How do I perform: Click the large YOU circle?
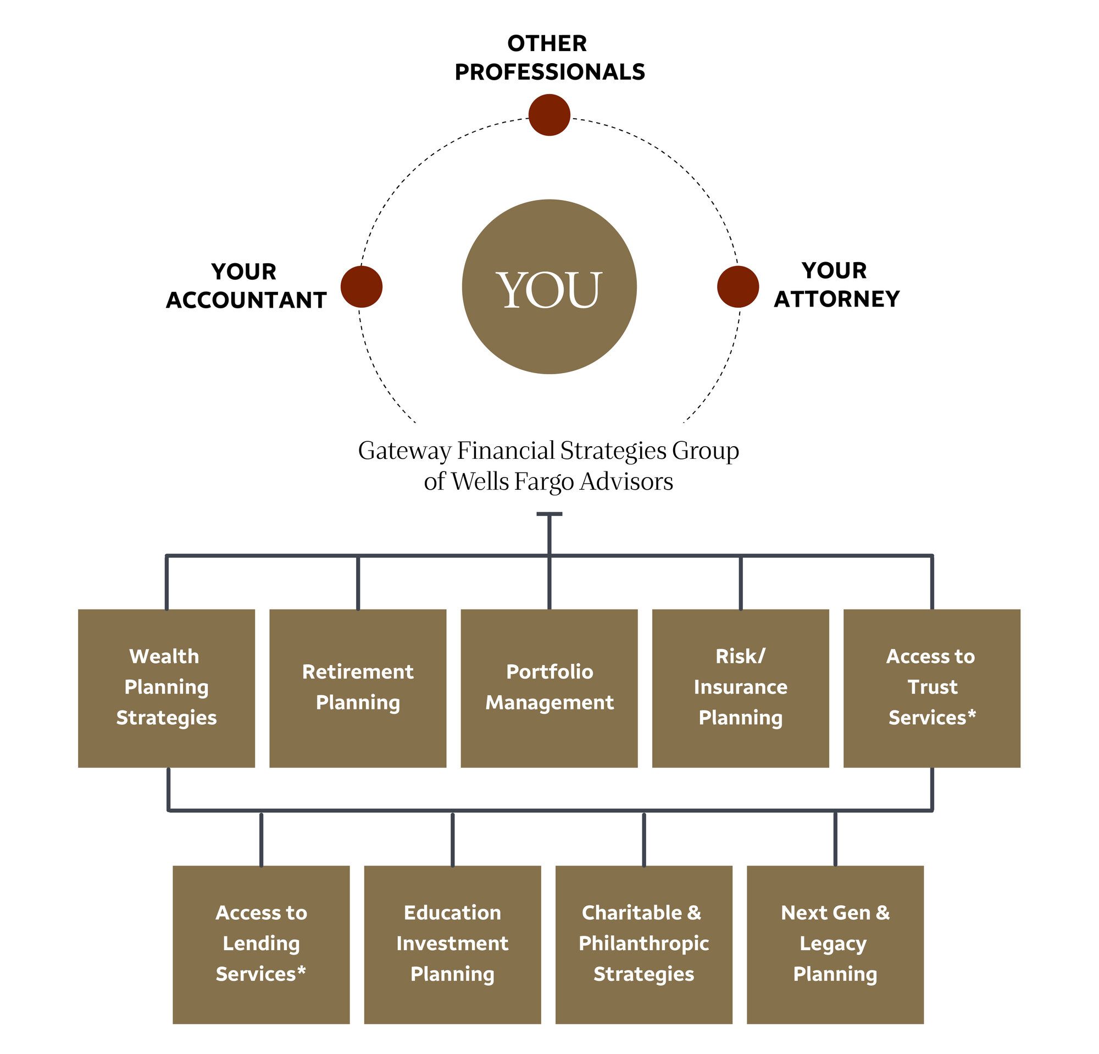pos(549,286)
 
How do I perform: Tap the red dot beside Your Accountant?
pos(362,286)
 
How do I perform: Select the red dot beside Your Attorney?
pos(737,286)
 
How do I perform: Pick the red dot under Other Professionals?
pos(549,115)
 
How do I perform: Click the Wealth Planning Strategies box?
pos(166,688)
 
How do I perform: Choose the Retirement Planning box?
pos(358,688)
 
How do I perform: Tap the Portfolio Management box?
pos(549,688)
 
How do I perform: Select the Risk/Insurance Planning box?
pos(740,688)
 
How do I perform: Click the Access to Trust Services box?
pos(931,688)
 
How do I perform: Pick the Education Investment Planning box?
pos(452,945)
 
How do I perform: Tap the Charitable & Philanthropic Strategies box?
pos(643,945)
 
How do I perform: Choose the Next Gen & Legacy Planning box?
pos(835,945)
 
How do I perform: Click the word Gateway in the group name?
pos(404,451)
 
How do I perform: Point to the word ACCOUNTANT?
pos(246,301)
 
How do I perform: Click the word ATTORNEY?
pos(836,299)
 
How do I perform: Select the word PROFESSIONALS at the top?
pos(549,73)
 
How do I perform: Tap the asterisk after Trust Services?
pos(971,715)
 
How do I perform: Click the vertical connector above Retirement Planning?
pos(358,583)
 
